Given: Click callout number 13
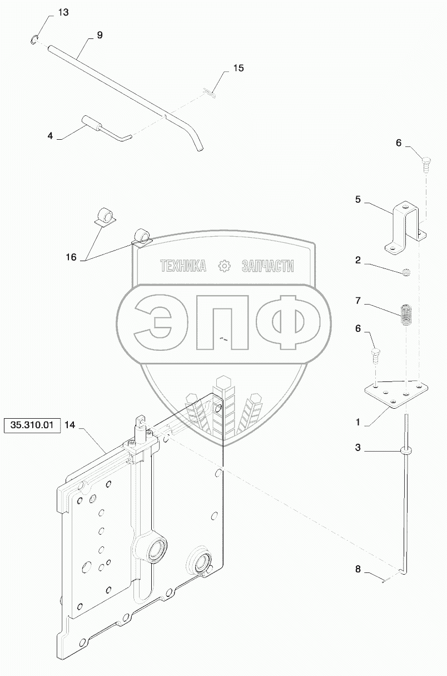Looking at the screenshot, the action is [x=63, y=13].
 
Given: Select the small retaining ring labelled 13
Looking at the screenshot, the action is [x=34, y=39].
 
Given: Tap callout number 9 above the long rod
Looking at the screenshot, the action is [x=99, y=35].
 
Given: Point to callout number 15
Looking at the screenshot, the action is [x=238, y=68].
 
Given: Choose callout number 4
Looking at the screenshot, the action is [x=51, y=135].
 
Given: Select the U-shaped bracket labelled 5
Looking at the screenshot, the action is [x=401, y=229].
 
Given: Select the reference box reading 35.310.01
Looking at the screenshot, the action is [x=32, y=426].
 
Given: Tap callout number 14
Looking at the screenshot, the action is [x=69, y=425].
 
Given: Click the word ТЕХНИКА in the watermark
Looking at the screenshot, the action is [x=183, y=266].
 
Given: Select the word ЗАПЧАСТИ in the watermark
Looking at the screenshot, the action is [x=267, y=266].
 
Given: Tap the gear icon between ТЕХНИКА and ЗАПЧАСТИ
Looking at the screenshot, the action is [x=225, y=266].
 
